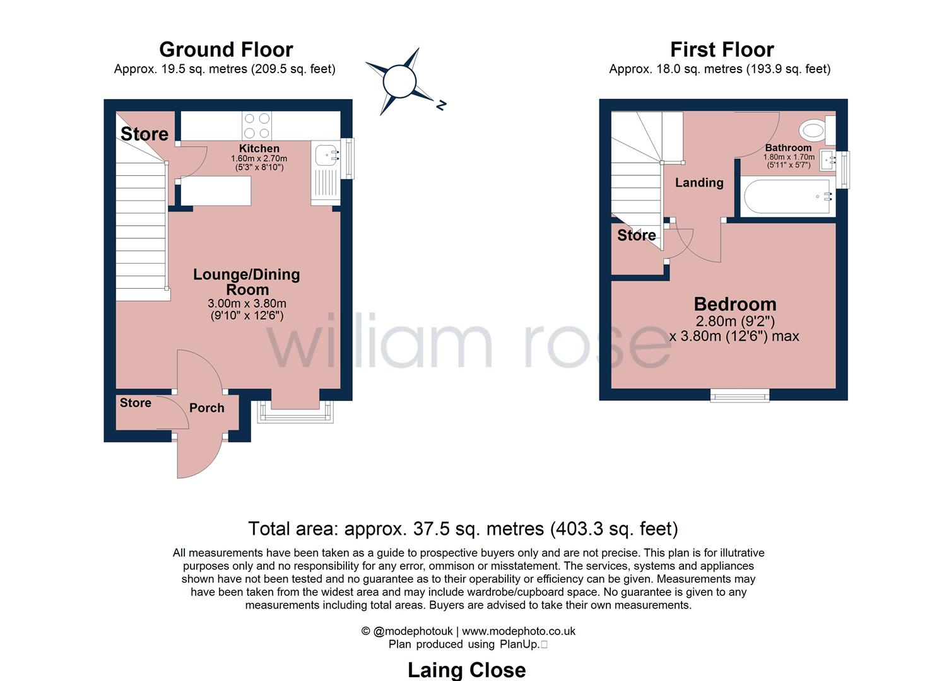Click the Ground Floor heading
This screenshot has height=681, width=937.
tap(226, 50)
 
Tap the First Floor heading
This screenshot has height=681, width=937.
tap(722, 50)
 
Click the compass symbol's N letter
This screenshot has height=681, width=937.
tap(441, 105)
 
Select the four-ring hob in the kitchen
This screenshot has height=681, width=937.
tap(257, 126)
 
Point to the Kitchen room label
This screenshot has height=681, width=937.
tap(259, 148)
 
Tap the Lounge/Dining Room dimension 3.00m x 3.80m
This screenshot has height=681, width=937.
tap(247, 303)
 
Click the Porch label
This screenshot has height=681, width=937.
tap(206, 407)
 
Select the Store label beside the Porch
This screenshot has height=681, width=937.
tap(136, 402)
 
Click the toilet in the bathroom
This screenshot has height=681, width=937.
tap(816, 130)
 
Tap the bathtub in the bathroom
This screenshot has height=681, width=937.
tap(787, 197)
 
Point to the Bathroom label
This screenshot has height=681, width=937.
tap(788, 148)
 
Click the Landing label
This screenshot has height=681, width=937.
tap(699, 183)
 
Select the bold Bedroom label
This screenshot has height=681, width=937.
tap(735, 304)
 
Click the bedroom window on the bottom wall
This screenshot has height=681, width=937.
tap(740, 395)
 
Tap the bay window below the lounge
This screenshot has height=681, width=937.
tap(295, 412)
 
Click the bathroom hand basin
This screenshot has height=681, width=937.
tap(827, 160)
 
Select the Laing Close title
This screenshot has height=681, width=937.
tap(466, 670)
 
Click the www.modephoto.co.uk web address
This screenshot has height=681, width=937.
tap(519, 631)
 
